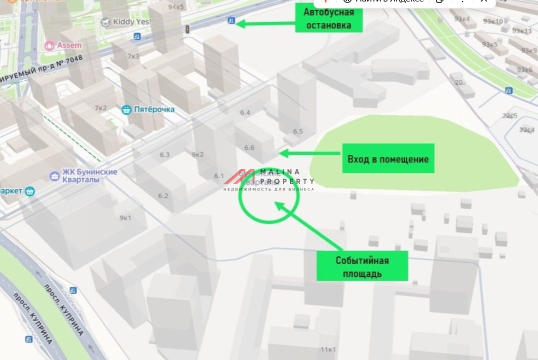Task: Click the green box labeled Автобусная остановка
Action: tap(328, 19)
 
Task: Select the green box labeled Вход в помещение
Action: tap(388, 159)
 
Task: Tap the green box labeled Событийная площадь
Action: tap(362, 266)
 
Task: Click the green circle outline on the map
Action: tap(269, 195)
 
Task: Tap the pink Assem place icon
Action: tap(49, 45)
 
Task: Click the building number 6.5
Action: tap(298, 131)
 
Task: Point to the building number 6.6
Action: tap(249, 147)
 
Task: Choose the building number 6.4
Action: tap(245, 112)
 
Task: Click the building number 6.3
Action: tap(164, 154)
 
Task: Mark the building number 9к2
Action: tap(197, 154)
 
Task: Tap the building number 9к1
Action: tap(125, 217)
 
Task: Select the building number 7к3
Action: tap(133, 56)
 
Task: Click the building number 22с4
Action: tap(526, 129)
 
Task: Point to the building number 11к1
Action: tap(328, 349)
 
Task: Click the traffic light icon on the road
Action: tap(187, 29)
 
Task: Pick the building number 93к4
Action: tap(461, 19)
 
